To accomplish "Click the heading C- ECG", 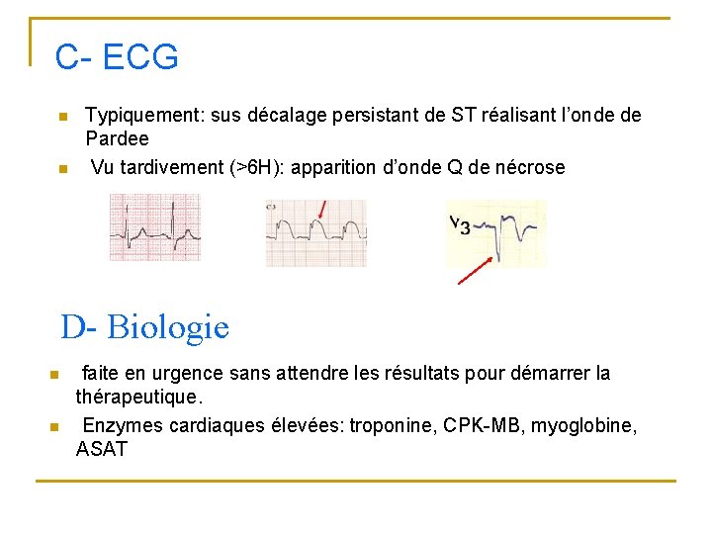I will [x=117, y=57].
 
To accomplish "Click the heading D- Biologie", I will [x=144, y=326].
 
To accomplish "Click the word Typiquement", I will [x=141, y=116].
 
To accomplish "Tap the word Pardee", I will [x=117, y=139].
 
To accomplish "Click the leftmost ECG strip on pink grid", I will [x=154, y=227].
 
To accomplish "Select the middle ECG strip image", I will [x=315, y=233].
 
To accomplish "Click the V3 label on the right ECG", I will [x=459, y=224].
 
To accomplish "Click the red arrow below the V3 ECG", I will [x=476, y=270].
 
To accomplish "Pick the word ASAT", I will [x=102, y=450].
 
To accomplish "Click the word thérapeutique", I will [x=137, y=398].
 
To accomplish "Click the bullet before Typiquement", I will [x=62, y=117].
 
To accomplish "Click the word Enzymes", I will [x=121, y=426].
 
